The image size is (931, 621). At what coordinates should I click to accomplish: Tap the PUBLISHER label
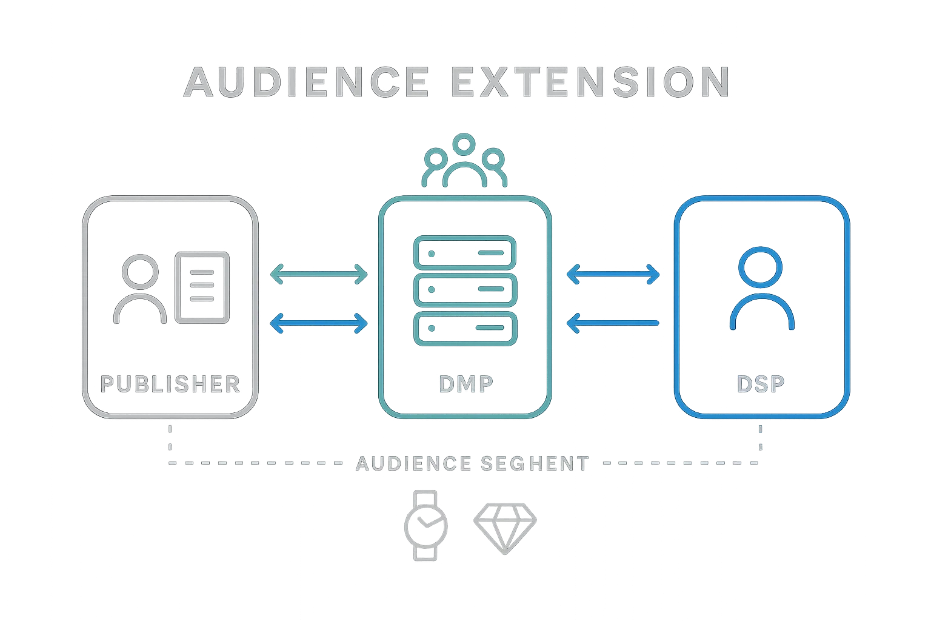[170, 384]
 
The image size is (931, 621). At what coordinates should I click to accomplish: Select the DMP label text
[465, 384]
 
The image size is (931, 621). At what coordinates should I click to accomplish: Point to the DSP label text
[761, 384]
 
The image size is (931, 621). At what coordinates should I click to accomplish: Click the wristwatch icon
[425, 525]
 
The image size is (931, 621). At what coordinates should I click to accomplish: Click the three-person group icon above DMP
[464, 161]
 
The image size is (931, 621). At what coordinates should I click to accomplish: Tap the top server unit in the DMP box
[465, 252]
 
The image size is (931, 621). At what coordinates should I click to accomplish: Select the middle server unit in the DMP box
[465, 290]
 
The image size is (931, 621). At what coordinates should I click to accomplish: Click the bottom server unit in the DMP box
[465, 327]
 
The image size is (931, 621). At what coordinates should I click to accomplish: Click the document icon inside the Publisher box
[203, 288]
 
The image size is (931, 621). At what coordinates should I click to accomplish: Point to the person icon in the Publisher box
[139, 289]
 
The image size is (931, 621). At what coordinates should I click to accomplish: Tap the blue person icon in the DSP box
[761, 289]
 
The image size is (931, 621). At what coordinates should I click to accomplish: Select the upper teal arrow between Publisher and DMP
[319, 274]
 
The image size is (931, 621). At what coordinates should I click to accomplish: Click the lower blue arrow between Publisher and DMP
[319, 323]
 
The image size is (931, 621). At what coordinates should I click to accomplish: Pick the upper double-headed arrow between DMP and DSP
[613, 274]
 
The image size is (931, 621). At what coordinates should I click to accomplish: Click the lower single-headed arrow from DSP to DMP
[613, 323]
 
